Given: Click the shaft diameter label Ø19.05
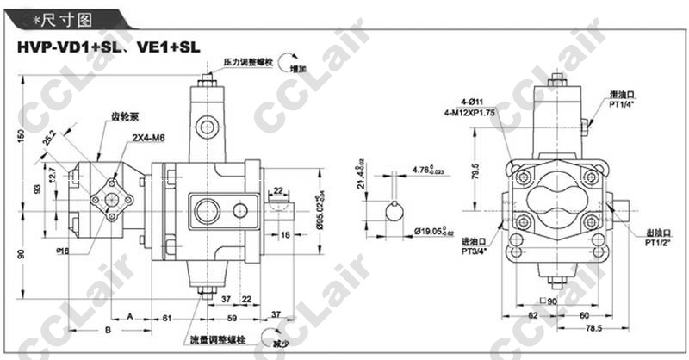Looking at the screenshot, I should click(x=433, y=231).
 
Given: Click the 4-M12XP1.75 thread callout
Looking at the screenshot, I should click(x=469, y=113).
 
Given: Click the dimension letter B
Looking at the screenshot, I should click(x=108, y=329).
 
